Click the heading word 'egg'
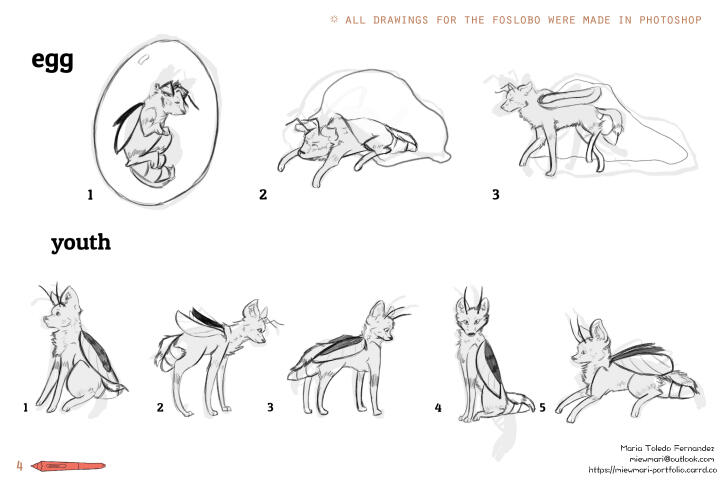[x=52, y=61]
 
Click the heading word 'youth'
[x=81, y=243]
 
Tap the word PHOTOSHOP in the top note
[x=670, y=20]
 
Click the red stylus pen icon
[x=68, y=466]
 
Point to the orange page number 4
[x=19, y=465]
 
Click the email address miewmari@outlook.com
[x=671, y=458]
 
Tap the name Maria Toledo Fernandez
[x=667, y=448]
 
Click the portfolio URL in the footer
[x=652, y=469]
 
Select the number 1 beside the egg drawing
[x=90, y=195]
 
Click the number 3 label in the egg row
[x=495, y=194]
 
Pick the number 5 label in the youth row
[x=542, y=407]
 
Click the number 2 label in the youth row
[x=160, y=407]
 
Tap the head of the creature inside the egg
[x=172, y=98]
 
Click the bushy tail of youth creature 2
[x=168, y=352]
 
